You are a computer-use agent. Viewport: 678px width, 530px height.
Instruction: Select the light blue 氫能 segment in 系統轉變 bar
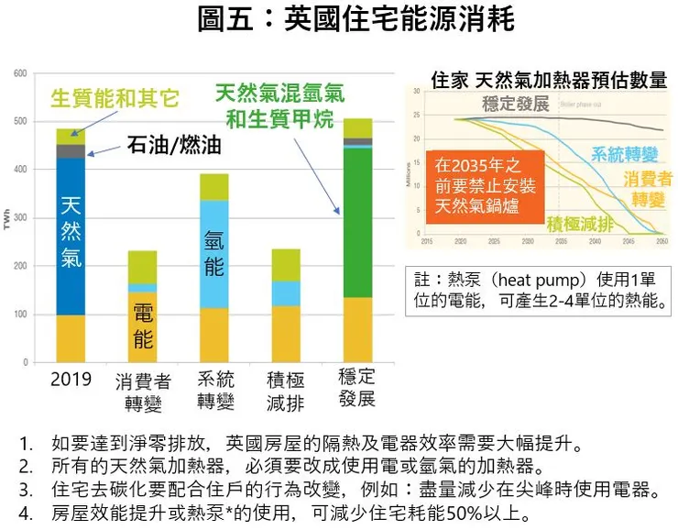coord(214,252)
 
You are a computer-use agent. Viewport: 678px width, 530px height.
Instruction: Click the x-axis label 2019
coord(71,379)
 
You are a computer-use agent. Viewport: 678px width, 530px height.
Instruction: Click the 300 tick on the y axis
coord(19,218)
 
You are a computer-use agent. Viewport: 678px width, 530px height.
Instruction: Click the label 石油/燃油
coord(174,145)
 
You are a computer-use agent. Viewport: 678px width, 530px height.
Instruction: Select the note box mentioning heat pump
coord(540,288)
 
